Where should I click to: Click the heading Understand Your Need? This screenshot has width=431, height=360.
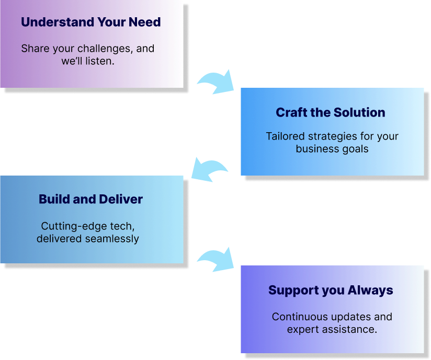pyautogui.click(x=90, y=22)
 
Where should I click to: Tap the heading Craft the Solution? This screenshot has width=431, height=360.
pyautogui.click(x=331, y=112)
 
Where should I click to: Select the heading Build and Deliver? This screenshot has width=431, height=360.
pyautogui.click(x=90, y=199)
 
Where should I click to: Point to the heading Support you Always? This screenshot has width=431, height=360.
pyautogui.click(x=331, y=291)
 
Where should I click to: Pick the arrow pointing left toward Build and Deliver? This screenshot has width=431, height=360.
pyautogui.click(x=208, y=169)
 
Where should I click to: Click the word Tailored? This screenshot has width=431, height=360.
pyautogui.click(x=286, y=136)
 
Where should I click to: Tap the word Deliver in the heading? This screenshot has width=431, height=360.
pyautogui.click(x=121, y=199)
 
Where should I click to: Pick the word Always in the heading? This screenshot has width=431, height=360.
pyautogui.click(x=370, y=291)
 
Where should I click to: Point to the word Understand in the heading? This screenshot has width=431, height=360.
pyautogui.click(x=58, y=22)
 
